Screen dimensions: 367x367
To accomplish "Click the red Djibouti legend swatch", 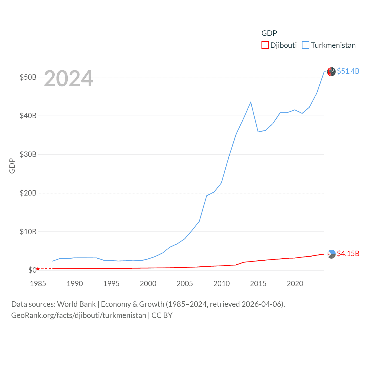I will pyautogui.click(x=265, y=45).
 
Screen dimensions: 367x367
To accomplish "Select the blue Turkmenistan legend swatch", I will pyautogui.click(x=306, y=45).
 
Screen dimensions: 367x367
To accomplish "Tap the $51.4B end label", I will pyautogui.click(x=348, y=71).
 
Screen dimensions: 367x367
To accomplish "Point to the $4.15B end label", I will pyautogui.click(x=348, y=253).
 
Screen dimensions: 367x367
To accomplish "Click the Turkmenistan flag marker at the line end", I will pyautogui.click(x=331, y=72).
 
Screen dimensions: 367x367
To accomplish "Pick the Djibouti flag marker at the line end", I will pyautogui.click(x=331, y=254).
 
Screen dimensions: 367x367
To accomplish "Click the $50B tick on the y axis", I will pyautogui.click(x=28, y=77).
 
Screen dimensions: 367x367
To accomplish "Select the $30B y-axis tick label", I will pyautogui.click(x=28, y=154).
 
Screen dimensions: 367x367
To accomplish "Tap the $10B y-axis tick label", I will pyautogui.click(x=28, y=232).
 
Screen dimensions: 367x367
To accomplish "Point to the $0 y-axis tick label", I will pyautogui.click(x=32, y=270).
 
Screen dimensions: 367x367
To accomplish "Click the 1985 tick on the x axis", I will pyautogui.click(x=38, y=284).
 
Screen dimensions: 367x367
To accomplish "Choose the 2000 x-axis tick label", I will pyautogui.click(x=148, y=284).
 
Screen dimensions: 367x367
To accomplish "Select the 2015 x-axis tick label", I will pyautogui.click(x=258, y=284).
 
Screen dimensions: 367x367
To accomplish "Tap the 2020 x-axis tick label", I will pyautogui.click(x=295, y=284).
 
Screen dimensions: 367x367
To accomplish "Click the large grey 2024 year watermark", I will pyautogui.click(x=69, y=79).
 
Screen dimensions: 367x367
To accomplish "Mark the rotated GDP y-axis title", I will pyautogui.click(x=12, y=166).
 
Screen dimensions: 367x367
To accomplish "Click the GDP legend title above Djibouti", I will pyautogui.click(x=269, y=33).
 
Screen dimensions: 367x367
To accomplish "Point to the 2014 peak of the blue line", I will pyautogui.click(x=251, y=102).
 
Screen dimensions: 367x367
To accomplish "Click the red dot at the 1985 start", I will pyautogui.click(x=38, y=269).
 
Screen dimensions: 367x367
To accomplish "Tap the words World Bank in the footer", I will pyautogui.click(x=76, y=304).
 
